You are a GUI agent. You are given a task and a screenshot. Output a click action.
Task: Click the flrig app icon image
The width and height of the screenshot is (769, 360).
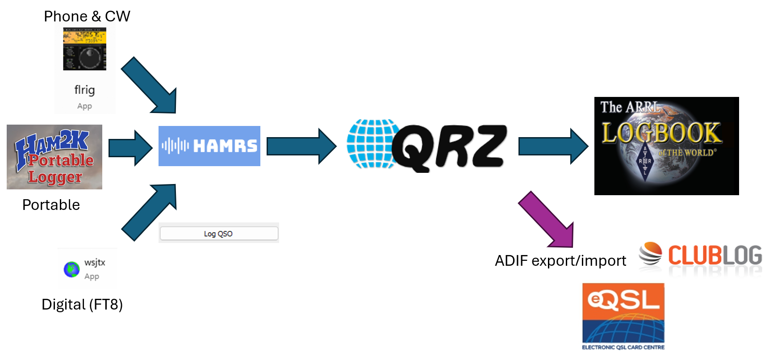click(x=84, y=49)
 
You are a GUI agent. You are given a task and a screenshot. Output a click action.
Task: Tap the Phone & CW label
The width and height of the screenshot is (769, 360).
click(x=87, y=17)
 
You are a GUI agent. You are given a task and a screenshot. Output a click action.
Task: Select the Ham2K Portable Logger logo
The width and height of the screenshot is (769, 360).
click(x=54, y=157)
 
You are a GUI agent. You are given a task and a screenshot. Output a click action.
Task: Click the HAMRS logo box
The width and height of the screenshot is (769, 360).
click(x=209, y=146)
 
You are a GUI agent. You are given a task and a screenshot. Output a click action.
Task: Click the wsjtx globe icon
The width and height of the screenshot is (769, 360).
click(x=71, y=269)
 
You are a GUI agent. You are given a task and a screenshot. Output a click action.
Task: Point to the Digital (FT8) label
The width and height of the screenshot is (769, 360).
click(x=82, y=305)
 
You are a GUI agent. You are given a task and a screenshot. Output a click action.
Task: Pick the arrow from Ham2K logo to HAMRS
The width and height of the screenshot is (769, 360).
click(x=130, y=148)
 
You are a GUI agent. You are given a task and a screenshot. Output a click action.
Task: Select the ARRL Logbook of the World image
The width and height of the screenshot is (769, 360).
click(x=666, y=146)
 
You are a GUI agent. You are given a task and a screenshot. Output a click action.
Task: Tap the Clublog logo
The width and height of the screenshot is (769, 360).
click(x=700, y=257)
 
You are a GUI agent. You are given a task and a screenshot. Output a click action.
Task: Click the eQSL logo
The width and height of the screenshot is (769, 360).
click(x=623, y=316)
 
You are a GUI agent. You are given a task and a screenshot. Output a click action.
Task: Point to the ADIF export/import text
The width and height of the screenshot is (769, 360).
click(x=560, y=261)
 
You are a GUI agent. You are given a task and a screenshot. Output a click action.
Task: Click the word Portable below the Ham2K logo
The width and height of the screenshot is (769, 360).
click(x=51, y=205)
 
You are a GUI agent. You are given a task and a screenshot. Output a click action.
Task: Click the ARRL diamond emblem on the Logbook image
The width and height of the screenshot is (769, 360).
click(x=645, y=162)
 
